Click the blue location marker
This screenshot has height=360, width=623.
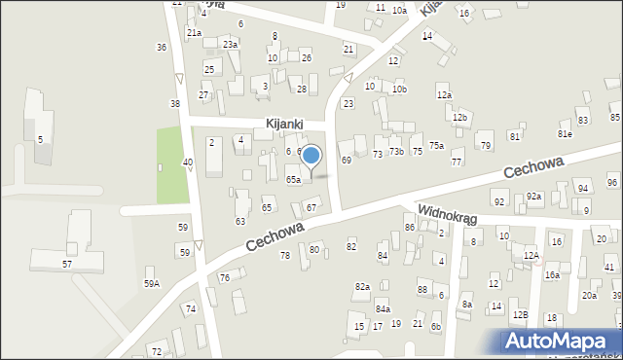[311, 156]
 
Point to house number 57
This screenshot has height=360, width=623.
[66, 264]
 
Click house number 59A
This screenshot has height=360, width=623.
[152, 283]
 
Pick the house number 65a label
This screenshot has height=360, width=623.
[293, 180]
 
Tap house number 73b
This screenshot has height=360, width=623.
[396, 152]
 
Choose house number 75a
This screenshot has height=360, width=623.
[437, 146]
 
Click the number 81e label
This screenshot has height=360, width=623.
[565, 133]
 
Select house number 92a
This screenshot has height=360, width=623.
[533, 197]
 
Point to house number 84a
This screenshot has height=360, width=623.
[383, 308]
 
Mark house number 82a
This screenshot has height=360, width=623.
[362, 286]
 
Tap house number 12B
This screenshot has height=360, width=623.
[521, 314]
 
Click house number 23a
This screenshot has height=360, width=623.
[230, 45]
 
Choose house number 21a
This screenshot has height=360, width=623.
[194, 33]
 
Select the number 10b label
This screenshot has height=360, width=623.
[398, 90]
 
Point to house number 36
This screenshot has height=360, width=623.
[161, 47]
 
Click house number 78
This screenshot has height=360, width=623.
[285, 255]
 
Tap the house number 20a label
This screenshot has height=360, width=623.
[589, 296]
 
